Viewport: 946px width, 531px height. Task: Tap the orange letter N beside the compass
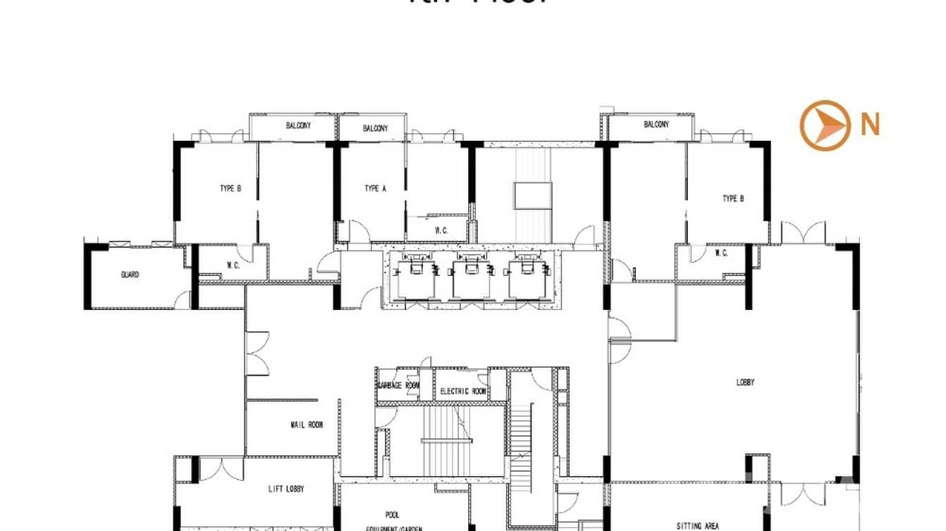(x=870, y=125)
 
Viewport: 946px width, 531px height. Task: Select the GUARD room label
(x=130, y=275)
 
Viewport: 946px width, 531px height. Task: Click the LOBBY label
(x=745, y=382)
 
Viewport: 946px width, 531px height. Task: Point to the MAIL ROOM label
(x=307, y=425)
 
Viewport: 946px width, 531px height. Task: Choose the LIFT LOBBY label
(x=290, y=489)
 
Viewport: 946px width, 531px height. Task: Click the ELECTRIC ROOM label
(x=462, y=392)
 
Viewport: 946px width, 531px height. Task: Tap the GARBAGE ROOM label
(x=398, y=386)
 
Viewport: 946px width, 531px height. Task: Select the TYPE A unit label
(x=375, y=189)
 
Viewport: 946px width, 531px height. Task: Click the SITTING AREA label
(x=697, y=525)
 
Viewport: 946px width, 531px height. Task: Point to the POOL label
(x=393, y=515)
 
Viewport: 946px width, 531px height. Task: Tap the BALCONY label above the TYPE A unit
(x=375, y=128)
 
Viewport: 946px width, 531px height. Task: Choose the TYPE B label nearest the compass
(x=733, y=199)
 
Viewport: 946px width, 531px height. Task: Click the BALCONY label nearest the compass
(x=656, y=125)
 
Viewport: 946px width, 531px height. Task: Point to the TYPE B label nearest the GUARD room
(x=231, y=189)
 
